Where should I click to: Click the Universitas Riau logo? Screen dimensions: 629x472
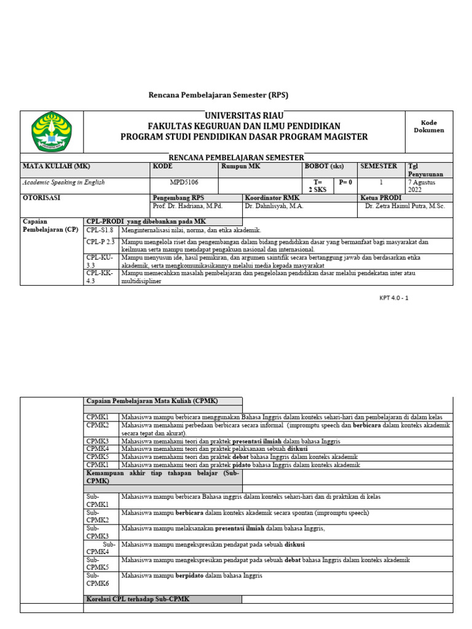pyautogui.click(x=52, y=132)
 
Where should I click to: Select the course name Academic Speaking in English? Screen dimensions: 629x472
pyautogui.click(x=64, y=182)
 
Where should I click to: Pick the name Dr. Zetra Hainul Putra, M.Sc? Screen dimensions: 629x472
pyautogui.click(x=404, y=206)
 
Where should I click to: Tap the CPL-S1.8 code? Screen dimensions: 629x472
pyautogui.click(x=100, y=230)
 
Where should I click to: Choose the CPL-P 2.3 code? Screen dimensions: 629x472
pyautogui.click(x=101, y=242)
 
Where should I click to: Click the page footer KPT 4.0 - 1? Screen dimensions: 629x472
pyautogui.click(x=393, y=298)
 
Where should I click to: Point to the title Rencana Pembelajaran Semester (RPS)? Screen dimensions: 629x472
pyautogui.click(x=219, y=95)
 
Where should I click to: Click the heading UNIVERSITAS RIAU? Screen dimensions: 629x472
pyautogui.click(x=243, y=116)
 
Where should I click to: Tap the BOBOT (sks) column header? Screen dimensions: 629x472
pyautogui.click(x=324, y=166)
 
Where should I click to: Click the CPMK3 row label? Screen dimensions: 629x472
pyautogui.click(x=98, y=441)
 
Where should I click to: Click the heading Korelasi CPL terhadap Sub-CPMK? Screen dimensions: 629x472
pyautogui.click(x=138, y=599)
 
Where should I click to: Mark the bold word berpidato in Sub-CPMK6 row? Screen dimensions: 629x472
pyautogui.click(x=192, y=576)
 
